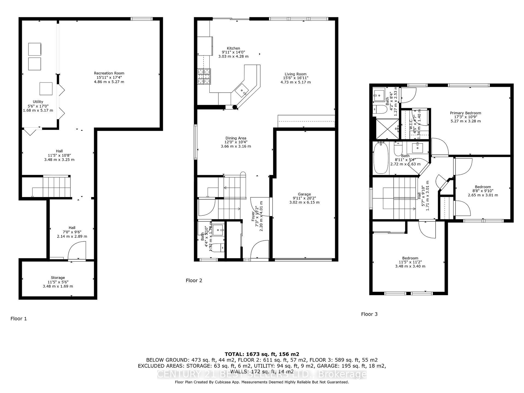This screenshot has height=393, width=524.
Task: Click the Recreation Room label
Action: [109, 73]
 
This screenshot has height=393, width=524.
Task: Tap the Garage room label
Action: [304, 194]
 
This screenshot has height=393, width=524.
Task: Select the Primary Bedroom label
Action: [465, 113]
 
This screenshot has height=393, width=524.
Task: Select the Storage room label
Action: [58, 278]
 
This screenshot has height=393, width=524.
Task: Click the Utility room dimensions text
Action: [38, 106]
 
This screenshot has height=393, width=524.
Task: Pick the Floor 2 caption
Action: [194, 280]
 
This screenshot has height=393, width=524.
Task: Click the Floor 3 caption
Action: [369, 314]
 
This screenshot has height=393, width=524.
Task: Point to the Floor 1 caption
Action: [19, 318]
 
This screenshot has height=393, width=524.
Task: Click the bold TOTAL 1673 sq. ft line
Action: [262, 354]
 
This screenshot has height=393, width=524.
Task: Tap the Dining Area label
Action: [236, 138]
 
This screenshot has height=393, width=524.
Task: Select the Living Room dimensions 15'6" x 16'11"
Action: [295, 78]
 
